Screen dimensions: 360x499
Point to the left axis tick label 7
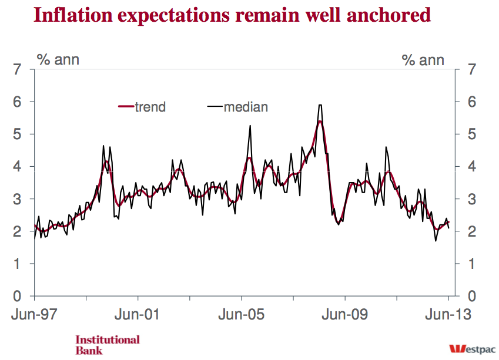pyautogui.click(x=18, y=70)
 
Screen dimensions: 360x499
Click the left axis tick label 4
pyautogui.click(x=18, y=167)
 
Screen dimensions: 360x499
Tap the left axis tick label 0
pyautogui.click(x=18, y=296)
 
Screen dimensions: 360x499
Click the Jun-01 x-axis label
pyautogui.click(x=138, y=314)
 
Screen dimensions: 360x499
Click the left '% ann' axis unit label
pyautogui.click(x=58, y=59)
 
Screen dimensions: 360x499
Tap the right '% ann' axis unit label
pyautogui.click(x=423, y=59)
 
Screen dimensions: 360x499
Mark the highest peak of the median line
pyautogui.click(x=320, y=105)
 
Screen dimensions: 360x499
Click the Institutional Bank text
pyautogui.click(x=108, y=345)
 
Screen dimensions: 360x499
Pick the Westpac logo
pyautogui.click(x=470, y=347)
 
